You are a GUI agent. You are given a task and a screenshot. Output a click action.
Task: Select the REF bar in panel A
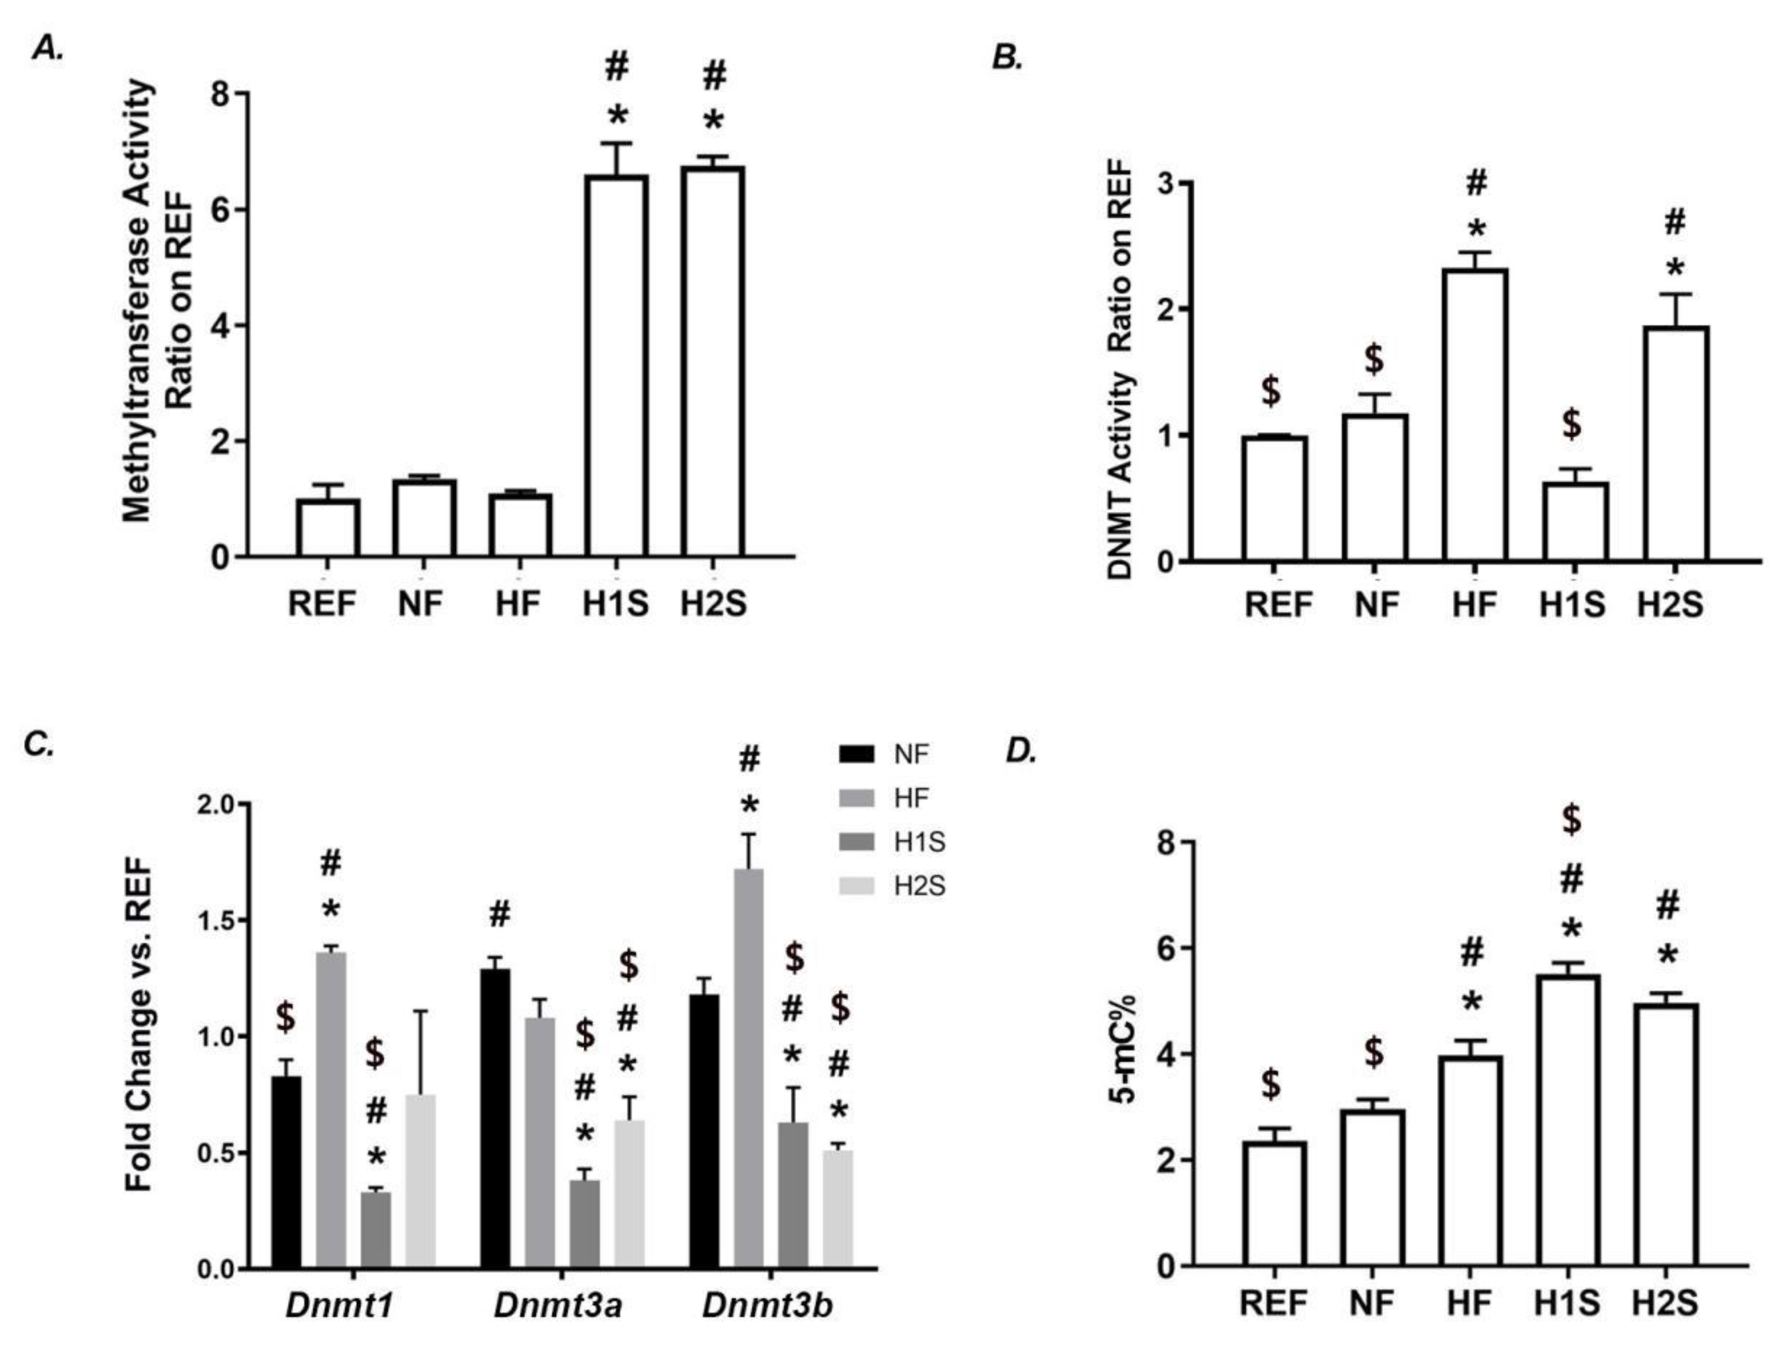pyautogui.click(x=328, y=529)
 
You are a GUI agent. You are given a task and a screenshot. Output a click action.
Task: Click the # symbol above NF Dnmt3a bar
pyautogui.click(x=500, y=915)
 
